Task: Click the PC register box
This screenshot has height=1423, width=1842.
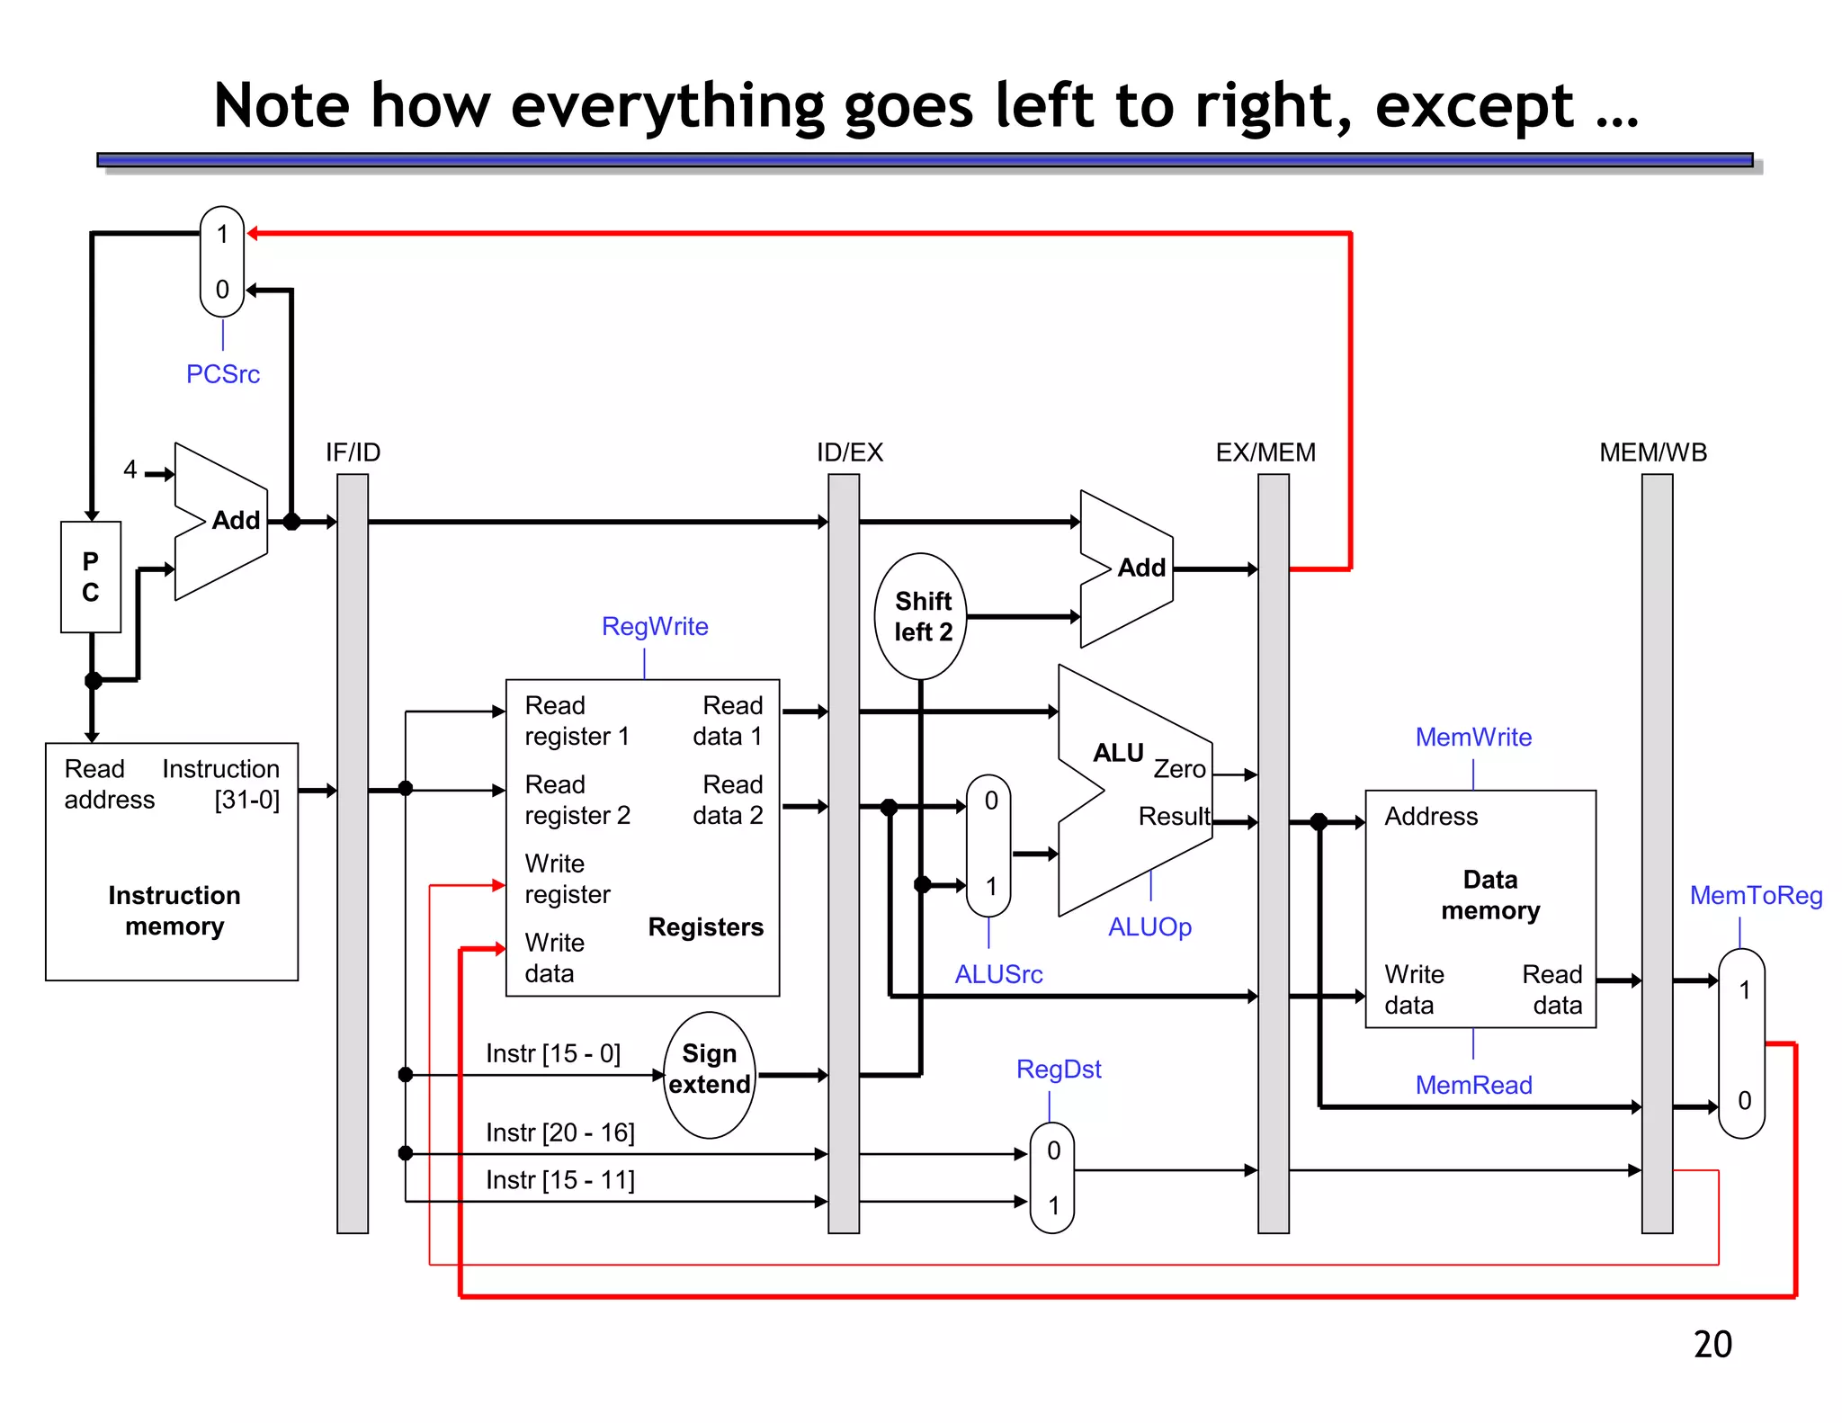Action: click(91, 577)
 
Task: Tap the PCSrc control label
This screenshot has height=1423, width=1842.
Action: click(223, 374)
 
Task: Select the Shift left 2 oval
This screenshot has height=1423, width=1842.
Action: click(921, 616)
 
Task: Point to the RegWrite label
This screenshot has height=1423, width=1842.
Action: click(655, 626)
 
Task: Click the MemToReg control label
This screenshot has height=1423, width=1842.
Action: click(1756, 895)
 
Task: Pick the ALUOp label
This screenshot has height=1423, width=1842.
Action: click(1149, 926)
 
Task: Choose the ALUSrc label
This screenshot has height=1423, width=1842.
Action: click(998, 974)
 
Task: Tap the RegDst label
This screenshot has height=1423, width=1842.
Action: click(1059, 1069)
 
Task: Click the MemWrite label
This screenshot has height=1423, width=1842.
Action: click(1473, 737)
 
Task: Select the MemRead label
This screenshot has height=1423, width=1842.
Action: click(1473, 1085)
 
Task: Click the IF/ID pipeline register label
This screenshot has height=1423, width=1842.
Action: click(353, 452)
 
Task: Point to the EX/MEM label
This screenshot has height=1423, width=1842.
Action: click(1265, 452)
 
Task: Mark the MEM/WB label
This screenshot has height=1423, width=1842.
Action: click(1653, 452)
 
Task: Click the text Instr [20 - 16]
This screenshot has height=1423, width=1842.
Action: click(560, 1132)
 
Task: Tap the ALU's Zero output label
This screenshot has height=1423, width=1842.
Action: click(1179, 769)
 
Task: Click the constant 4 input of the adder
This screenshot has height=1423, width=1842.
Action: click(130, 470)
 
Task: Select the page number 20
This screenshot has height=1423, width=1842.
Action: click(1712, 1344)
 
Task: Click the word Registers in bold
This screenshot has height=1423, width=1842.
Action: click(705, 926)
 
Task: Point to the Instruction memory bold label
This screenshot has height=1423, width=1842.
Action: click(174, 910)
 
